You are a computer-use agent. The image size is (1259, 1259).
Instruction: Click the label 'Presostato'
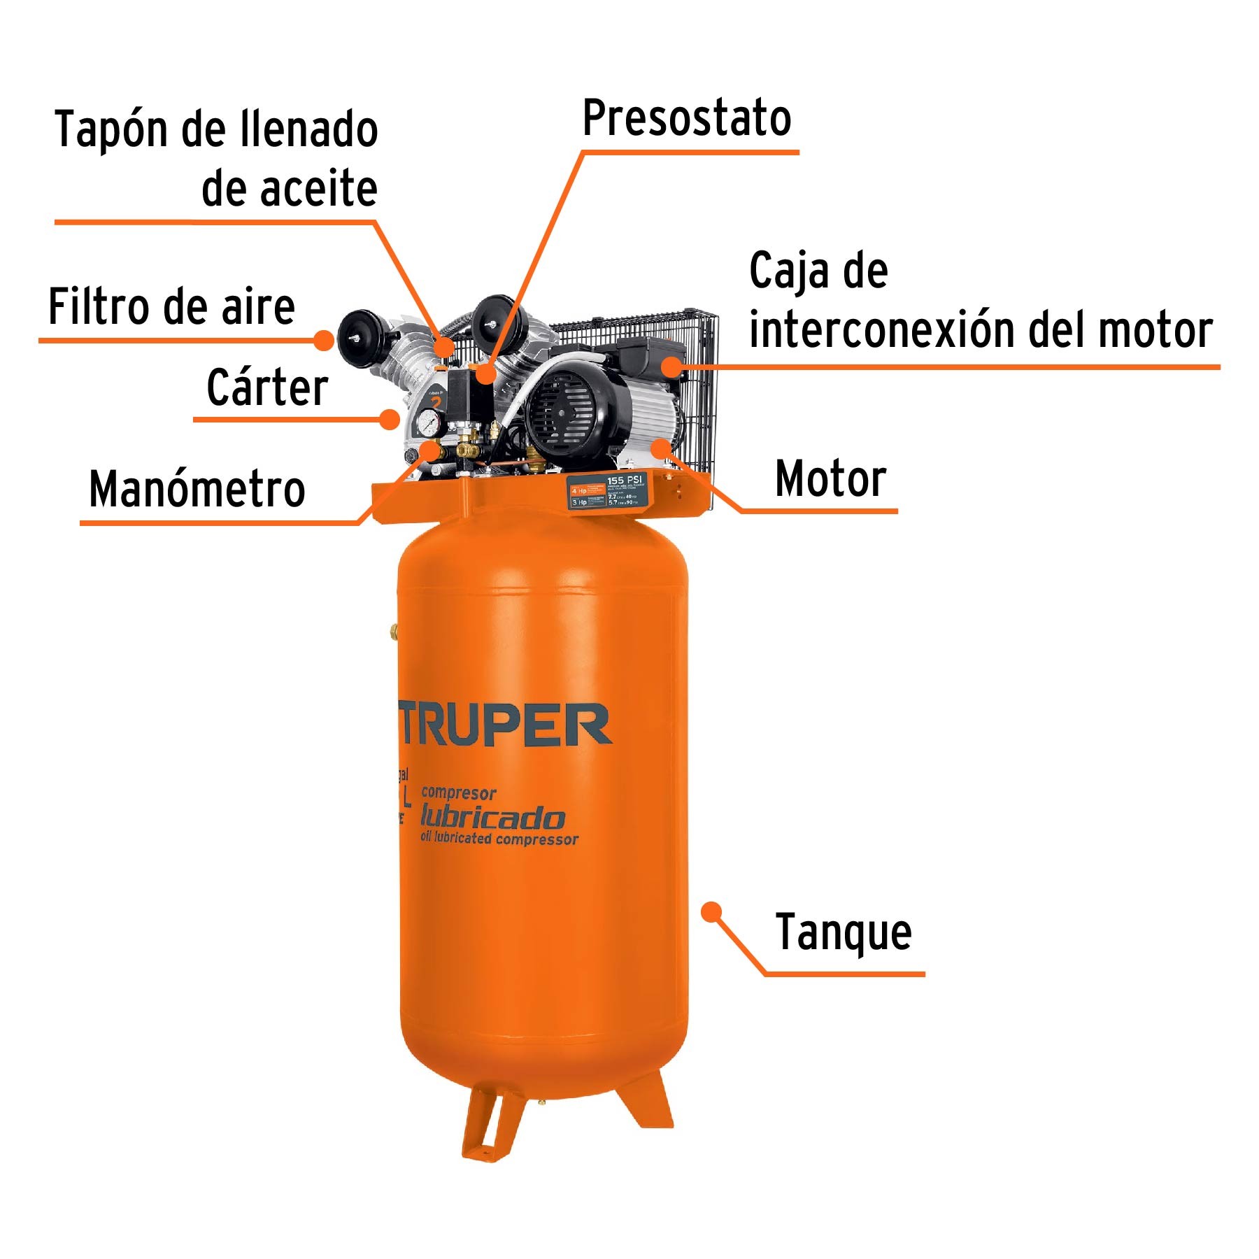[x=687, y=118]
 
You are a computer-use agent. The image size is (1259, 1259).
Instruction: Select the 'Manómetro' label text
[x=197, y=489]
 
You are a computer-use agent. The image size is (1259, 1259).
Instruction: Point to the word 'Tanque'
[x=844, y=932]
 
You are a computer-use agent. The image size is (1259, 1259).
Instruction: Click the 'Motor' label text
[x=831, y=479]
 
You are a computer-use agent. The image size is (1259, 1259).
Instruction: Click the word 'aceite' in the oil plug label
[x=319, y=189]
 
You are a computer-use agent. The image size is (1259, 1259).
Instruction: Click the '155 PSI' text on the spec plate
[x=624, y=481]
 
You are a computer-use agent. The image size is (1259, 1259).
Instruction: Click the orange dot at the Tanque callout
[x=711, y=912]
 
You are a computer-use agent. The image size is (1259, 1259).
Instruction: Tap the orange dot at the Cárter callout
[x=390, y=419]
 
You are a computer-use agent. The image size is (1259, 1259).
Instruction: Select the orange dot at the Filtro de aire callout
[x=324, y=340]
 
